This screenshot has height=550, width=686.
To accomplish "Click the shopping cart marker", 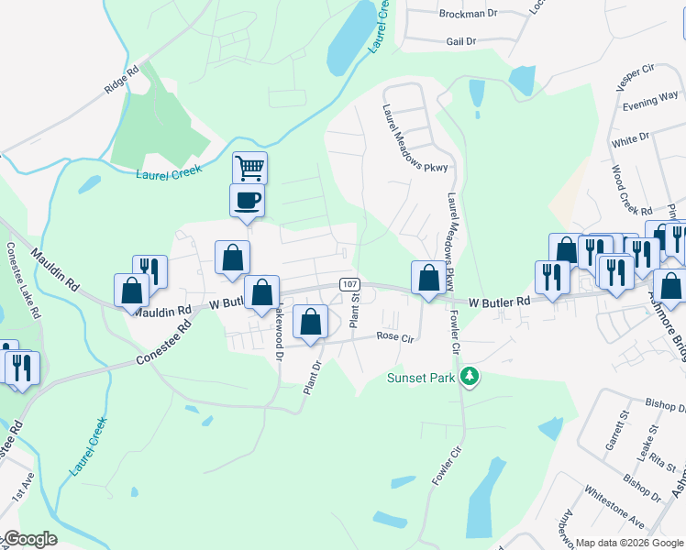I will coord(249,169).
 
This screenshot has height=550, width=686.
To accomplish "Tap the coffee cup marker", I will coord(247,200).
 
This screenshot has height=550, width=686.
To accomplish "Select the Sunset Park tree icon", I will coord(470,377).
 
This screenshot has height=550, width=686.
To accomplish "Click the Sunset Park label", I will coord(421,377).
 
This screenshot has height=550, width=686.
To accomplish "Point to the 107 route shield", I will coord(349,284).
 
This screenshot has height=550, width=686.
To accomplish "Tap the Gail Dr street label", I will coord(460,41).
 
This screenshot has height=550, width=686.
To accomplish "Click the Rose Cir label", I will coord(397,336).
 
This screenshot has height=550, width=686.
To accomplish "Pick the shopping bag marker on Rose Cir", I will coord(311,322).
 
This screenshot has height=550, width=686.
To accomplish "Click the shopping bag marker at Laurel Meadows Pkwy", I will coord(428,277).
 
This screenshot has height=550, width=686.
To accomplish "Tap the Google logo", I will coord(29,539).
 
